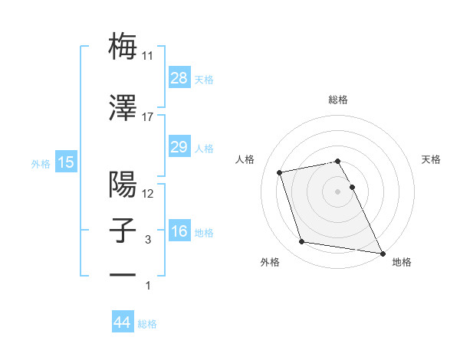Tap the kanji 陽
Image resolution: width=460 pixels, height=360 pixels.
[x=123, y=184]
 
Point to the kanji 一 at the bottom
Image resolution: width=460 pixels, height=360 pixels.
[x=123, y=274]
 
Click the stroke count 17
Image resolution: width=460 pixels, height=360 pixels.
[x=148, y=117]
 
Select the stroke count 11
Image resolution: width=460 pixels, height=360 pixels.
[x=148, y=56]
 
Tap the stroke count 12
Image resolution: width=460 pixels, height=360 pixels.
[x=148, y=194]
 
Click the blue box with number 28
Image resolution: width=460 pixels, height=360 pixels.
[x=179, y=77]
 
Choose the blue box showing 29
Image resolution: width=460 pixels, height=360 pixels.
[x=179, y=147]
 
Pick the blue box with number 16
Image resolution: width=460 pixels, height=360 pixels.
[x=179, y=231]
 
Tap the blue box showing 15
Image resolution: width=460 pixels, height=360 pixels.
[x=65, y=162]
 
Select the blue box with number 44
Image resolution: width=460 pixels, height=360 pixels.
[x=123, y=322]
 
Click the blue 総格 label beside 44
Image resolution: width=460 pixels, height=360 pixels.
[x=147, y=324]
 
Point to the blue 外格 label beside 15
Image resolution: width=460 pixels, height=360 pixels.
[x=41, y=163]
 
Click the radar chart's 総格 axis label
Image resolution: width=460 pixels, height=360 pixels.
[x=337, y=100]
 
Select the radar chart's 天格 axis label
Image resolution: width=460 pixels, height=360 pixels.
[x=432, y=159]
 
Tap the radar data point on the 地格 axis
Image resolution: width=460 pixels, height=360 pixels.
[x=382, y=251]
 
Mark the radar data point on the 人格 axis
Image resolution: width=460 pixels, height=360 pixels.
[x=280, y=172]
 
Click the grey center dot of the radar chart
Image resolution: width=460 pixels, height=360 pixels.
[x=337, y=191]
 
